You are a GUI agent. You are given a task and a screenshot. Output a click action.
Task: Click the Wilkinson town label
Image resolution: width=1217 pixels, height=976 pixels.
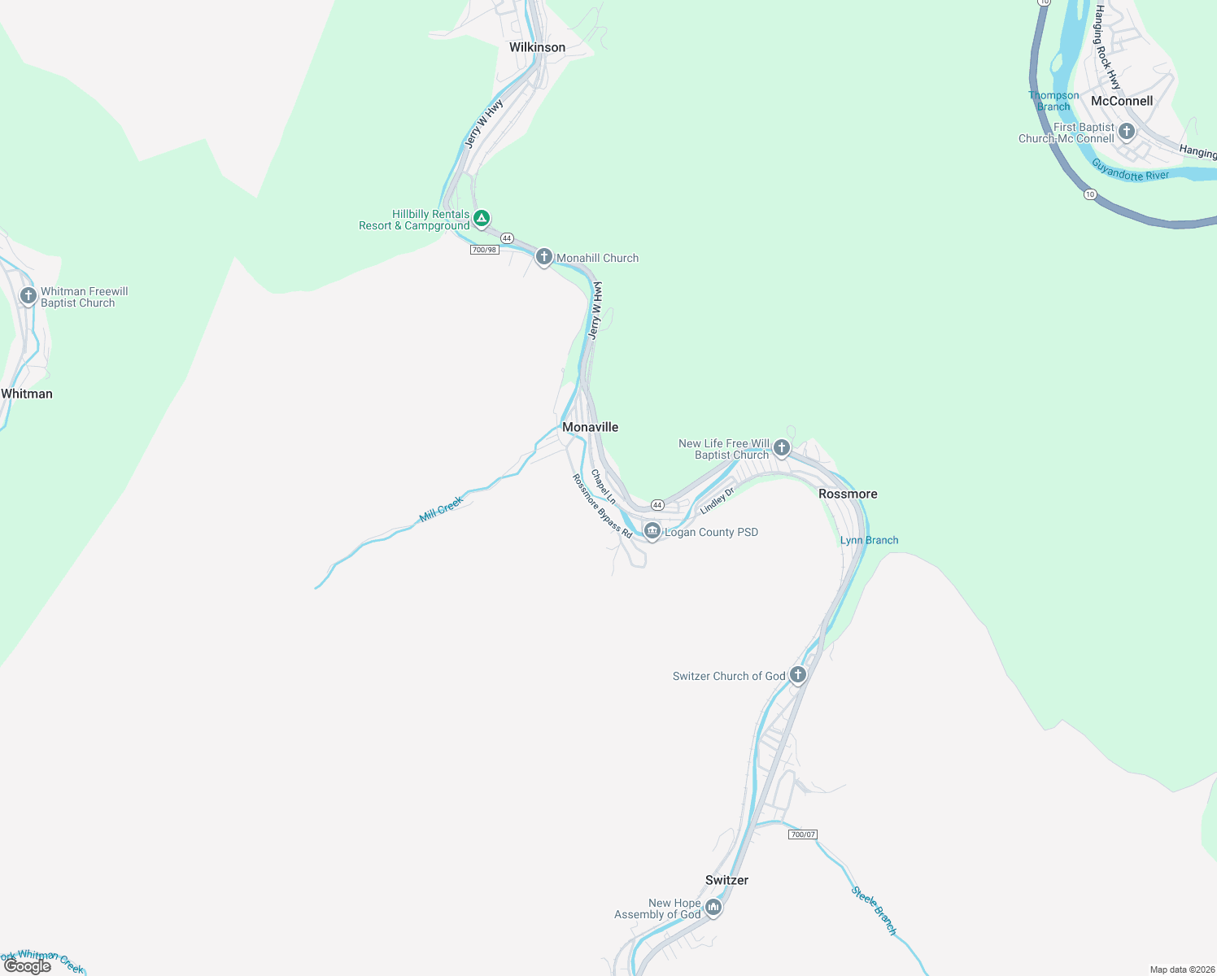click(537, 47)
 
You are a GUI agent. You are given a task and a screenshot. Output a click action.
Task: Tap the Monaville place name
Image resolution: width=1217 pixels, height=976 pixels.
click(590, 427)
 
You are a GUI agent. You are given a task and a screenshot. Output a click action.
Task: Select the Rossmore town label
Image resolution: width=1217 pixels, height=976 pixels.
click(848, 494)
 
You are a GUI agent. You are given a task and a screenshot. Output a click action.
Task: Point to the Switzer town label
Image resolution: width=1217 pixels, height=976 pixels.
click(726, 880)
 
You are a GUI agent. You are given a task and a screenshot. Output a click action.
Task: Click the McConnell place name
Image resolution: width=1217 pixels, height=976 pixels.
click(1122, 101)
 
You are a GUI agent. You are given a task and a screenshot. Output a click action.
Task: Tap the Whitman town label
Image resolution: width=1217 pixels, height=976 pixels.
click(27, 394)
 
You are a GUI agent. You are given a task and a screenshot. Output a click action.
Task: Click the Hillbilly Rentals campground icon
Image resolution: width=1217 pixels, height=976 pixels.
click(482, 218)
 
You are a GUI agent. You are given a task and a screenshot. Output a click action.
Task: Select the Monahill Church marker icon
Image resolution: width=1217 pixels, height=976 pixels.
click(544, 257)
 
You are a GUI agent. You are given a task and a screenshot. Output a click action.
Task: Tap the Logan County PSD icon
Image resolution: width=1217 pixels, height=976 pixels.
click(652, 531)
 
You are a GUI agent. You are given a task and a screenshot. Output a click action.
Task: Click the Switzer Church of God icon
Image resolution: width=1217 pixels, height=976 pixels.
click(798, 674)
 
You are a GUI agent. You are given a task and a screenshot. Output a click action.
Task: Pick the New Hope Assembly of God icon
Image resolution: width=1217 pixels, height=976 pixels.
click(713, 907)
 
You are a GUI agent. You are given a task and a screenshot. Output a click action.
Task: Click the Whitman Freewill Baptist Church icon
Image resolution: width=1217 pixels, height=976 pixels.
click(28, 295)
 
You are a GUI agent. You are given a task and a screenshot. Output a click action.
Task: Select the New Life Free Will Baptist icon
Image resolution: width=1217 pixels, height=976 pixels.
click(781, 447)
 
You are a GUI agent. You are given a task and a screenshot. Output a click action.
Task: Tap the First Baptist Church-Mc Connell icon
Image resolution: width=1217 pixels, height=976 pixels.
click(1127, 131)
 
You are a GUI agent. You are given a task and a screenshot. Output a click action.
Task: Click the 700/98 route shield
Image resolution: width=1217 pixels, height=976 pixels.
click(484, 250)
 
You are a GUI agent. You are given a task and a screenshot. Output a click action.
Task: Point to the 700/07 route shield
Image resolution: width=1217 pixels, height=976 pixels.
click(802, 834)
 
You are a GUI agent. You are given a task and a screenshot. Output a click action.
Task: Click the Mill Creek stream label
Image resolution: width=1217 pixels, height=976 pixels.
click(441, 509)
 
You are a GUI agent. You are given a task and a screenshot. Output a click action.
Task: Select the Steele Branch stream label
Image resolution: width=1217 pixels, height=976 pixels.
click(874, 910)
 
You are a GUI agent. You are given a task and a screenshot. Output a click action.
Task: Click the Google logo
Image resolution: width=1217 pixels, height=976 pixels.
click(28, 966)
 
